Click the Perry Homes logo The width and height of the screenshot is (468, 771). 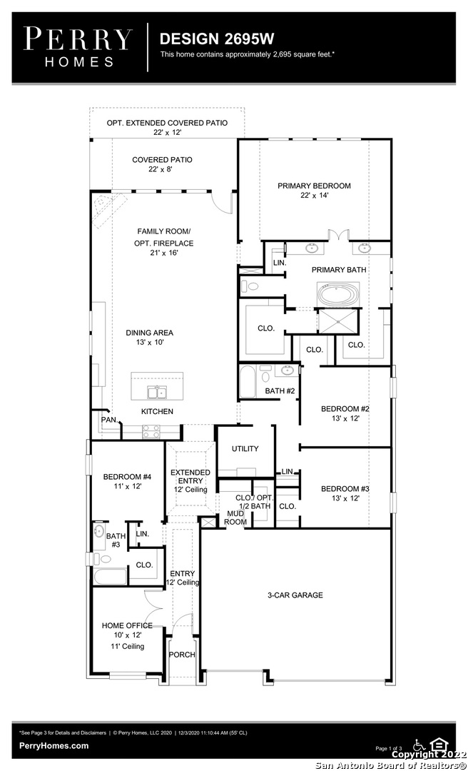[x=78, y=47]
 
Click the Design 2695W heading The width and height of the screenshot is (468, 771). [x=217, y=39]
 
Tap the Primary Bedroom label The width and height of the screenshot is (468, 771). [x=314, y=191]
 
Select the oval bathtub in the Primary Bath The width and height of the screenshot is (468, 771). [x=338, y=295]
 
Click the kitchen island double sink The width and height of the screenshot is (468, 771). [x=158, y=393]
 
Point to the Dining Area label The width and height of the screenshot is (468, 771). [x=149, y=337]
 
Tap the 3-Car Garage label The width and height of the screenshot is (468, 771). [x=295, y=595]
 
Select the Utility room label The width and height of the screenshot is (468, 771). [x=245, y=448]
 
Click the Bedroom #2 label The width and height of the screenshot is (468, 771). [x=345, y=413]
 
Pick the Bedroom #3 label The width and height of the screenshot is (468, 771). [x=345, y=493]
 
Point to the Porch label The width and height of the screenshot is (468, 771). [x=182, y=655]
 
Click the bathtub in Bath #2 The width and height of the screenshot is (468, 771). [x=248, y=381]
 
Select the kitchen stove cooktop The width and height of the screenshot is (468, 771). [x=151, y=431]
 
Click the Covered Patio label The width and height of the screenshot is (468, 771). [x=162, y=164]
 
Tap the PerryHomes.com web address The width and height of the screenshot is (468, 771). [x=54, y=745]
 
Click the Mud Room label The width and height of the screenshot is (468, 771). [x=235, y=518]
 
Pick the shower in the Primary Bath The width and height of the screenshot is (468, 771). [x=338, y=321]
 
